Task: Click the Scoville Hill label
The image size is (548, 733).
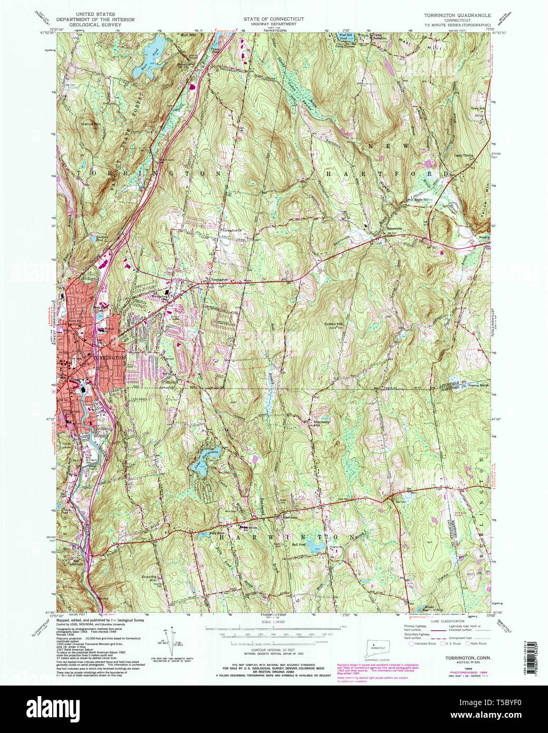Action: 150,578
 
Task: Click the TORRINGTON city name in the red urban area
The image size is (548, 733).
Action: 109,358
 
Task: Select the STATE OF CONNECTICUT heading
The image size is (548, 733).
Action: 273,18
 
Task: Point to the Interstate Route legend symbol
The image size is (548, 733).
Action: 411,643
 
